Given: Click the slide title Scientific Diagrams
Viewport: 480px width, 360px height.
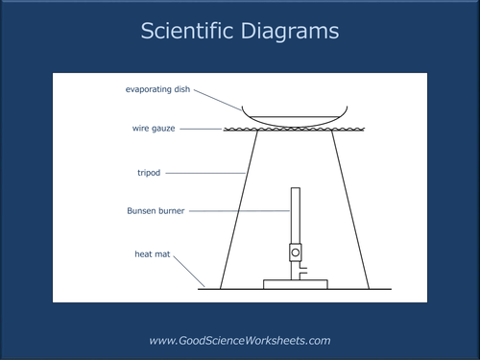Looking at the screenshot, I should (x=239, y=32).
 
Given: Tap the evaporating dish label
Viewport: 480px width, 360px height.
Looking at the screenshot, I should (x=158, y=89).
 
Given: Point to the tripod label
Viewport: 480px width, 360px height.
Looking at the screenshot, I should (x=149, y=173).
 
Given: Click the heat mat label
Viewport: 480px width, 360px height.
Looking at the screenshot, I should (x=151, y=254).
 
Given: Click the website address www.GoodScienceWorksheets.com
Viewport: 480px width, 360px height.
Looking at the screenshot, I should (x=239, y=340).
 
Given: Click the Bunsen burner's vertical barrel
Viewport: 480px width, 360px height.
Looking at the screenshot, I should (x=295, y=215).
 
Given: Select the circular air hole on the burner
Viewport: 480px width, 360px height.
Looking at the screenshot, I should (x=296, y=253).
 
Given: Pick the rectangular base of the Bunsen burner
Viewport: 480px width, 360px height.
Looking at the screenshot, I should (x=295, y=284).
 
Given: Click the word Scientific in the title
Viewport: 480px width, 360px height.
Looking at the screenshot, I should (x=187, y=32).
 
